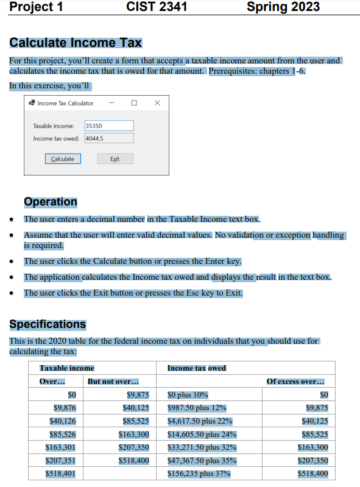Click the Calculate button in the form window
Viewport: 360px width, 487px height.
(x=62, y=158)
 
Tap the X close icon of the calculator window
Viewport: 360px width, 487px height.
(x=157, y=103)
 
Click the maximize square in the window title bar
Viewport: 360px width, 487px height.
(x=134, y=103)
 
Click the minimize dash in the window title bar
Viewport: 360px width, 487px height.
(x=111, y=103)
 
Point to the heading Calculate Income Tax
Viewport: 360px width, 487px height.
(x=76, y=43)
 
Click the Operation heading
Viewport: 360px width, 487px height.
(x=51, y=202)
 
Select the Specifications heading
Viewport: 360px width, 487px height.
(x=48, y=324)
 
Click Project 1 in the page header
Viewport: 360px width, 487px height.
(x=37, y=7)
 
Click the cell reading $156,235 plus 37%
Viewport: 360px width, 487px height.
(x=199, y=474)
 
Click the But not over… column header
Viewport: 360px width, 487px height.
(x=113, y=382)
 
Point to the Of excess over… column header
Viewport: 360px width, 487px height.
(x=299, y=382)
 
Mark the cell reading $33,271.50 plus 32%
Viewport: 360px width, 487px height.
(x=202, y=447)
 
